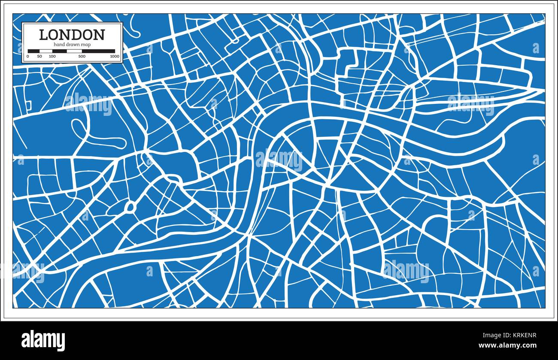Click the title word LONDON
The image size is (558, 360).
tap(72, 35)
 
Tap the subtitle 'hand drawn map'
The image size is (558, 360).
tap(72, 45)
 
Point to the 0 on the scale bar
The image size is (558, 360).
tap(28, 56)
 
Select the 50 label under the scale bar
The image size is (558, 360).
tap(39, 56)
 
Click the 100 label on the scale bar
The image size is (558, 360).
tap(52, 56)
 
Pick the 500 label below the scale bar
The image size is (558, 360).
tap(82, 56)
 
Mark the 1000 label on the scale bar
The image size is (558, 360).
tap(114, 56)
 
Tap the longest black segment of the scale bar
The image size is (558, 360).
tap(98, 51)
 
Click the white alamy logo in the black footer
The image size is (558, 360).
tap(43, 340)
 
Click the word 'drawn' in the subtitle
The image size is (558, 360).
tap(73, 45)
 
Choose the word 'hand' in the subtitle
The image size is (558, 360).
tap(59, 45)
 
